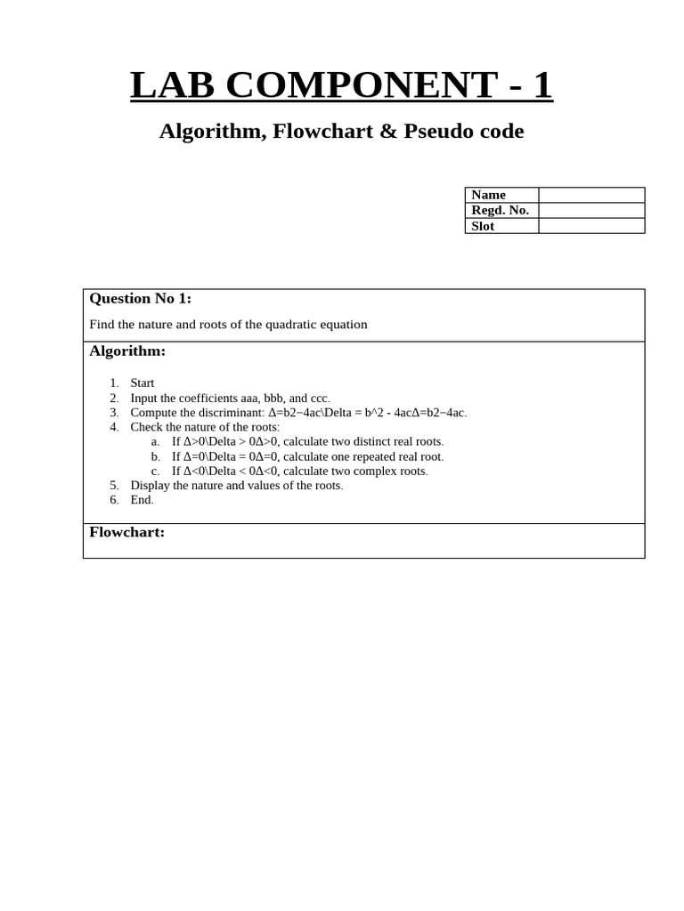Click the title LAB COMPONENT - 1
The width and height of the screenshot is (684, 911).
coord(341,85)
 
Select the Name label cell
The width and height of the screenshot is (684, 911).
coord(501,195)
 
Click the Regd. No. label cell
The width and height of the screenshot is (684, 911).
coord(501,211)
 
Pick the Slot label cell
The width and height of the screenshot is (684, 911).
coord(501,226)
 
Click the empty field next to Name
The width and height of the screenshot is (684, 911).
coord(591,195)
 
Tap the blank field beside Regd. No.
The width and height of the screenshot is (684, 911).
coord(591,211)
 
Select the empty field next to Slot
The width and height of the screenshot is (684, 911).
coord(591,226)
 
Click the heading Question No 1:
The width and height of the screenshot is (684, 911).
coord(140,299)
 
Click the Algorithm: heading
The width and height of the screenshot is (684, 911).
coord(127,351)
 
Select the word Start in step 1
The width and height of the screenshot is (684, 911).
coord(142,383)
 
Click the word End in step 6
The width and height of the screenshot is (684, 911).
coord(142,500)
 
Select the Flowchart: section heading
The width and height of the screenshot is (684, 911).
coord(126,533)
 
